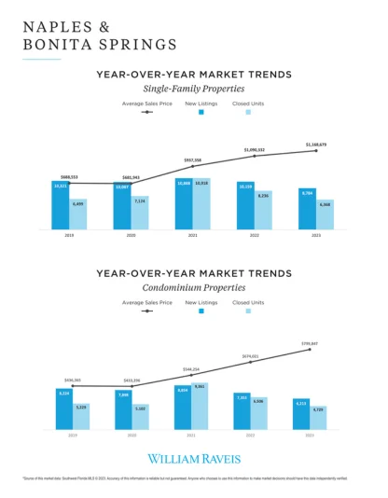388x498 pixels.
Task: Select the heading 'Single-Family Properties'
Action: (x=193, y=87)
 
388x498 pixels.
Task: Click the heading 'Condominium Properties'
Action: (x=193, y=288)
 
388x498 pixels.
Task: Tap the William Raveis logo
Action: (x=193, y=459)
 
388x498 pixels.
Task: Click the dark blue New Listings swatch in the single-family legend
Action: (x=201, y=112)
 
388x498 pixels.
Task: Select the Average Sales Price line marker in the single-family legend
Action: (x=145, y=112)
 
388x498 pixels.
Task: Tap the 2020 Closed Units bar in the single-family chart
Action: (x=139, y=213)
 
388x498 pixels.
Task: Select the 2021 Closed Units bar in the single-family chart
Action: (x=201, y=203)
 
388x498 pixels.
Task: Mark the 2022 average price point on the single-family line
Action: (x=255, y=156)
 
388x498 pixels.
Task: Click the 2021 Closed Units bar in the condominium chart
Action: (x=200, y=406)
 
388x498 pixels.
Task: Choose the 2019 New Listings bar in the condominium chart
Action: (x=63, y=409)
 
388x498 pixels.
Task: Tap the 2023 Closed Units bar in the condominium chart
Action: (x=318, y=417)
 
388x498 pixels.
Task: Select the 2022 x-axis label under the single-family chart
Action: (x=254, y=234)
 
